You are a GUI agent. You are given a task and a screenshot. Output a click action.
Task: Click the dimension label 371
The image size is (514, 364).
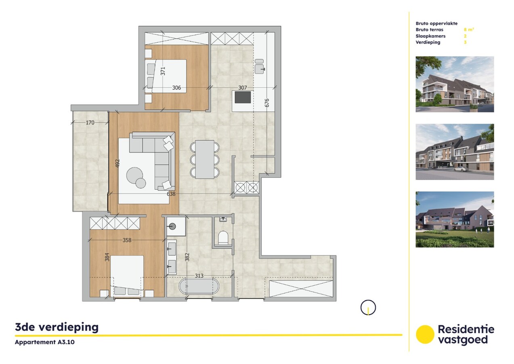163,71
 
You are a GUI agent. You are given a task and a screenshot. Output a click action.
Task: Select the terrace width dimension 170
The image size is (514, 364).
90,122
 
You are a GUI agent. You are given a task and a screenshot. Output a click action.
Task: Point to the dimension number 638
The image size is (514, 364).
172,194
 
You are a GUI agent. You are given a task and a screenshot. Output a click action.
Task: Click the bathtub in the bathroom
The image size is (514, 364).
199,286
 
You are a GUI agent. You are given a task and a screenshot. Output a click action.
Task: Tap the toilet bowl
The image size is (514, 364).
223,237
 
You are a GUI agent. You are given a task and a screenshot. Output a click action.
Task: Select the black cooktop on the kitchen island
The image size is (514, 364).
242,97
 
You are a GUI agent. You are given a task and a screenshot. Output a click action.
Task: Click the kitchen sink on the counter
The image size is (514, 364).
259,66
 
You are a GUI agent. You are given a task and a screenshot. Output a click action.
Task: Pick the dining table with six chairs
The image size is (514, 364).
204,159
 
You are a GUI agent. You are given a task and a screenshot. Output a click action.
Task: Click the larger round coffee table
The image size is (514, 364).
134,176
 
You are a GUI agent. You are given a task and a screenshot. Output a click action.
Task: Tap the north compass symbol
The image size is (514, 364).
368,308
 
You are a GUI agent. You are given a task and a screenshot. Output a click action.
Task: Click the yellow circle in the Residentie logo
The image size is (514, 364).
424,334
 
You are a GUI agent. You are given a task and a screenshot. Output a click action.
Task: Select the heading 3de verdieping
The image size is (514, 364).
57,327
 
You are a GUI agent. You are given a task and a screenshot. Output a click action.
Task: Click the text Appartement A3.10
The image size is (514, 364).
45,342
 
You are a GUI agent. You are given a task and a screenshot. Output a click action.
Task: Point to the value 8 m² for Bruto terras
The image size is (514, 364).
469,30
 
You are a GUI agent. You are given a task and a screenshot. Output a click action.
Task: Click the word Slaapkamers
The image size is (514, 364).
430,36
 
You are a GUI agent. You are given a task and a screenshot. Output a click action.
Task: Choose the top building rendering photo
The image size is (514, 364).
455,84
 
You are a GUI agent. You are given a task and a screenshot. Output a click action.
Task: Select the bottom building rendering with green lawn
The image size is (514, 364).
455,219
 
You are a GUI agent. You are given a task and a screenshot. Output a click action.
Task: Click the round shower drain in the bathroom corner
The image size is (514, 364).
172,226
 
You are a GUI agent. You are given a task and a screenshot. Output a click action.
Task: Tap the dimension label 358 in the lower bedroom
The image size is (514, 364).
127,240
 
